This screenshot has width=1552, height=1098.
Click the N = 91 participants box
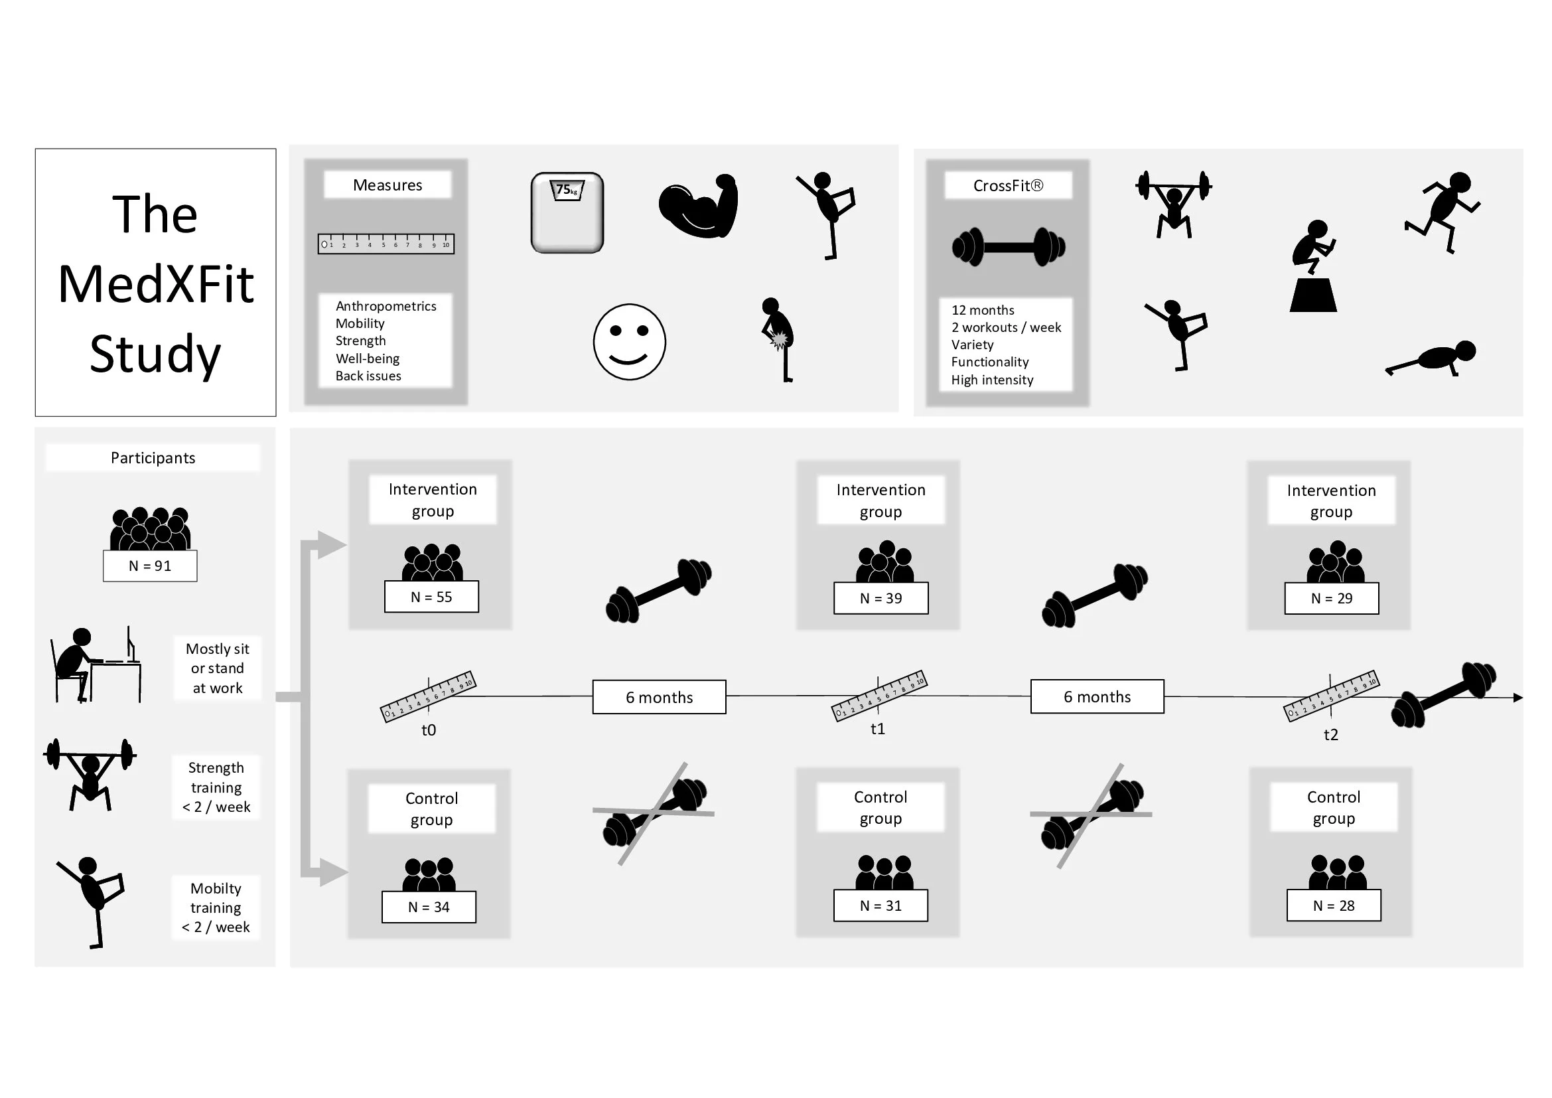coord(150,566)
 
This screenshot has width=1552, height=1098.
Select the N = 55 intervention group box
coord(431,597)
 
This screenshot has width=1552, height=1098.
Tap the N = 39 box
coord(881,598)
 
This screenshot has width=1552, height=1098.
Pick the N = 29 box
coord(1332,598)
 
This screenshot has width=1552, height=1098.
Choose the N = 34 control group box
coord(429,907)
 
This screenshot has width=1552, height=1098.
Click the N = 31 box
coord(881,905)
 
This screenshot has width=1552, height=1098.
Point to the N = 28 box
coord(1334,905)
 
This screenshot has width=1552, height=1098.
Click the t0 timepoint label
coord(429,730)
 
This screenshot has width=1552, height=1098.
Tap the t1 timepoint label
coord(877,729)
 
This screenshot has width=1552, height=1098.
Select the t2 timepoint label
coord(1330,735)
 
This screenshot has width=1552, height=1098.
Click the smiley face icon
coord(629,342)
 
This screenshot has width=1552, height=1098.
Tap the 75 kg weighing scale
coord(567,213)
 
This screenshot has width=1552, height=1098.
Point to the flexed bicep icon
coord(699,206)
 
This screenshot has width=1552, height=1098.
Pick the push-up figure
coord(1432,358)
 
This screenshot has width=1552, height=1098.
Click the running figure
coord(1443,211)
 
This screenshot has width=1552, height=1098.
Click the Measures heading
coord(388,185)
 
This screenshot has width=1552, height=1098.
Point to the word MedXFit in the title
coord(156,284)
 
